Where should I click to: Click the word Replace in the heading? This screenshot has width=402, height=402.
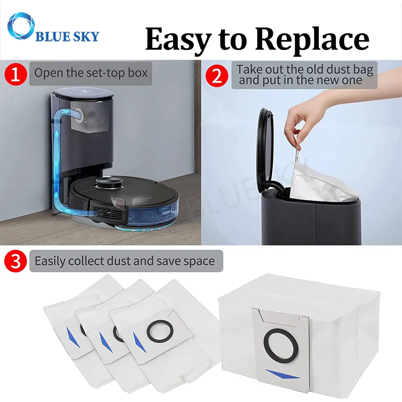(x=312, y=39)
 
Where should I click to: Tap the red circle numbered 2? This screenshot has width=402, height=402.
(x=217, y=75)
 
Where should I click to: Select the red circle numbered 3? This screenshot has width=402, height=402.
(x=16, y=261)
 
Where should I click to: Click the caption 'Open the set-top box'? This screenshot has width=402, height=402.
(x=91, y=73)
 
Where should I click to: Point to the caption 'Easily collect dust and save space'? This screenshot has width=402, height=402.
(x=125, y=261)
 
